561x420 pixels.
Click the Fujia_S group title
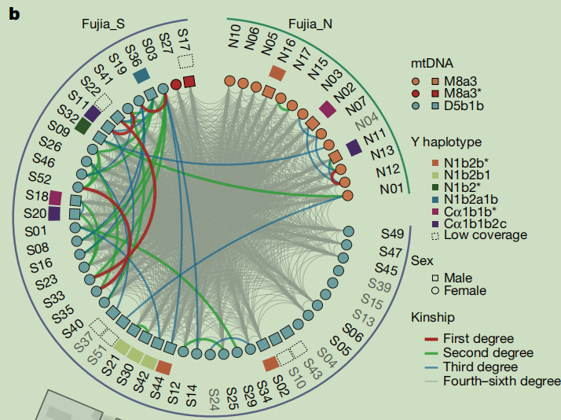103,24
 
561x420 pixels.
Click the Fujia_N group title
310,24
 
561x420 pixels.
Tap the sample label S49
392,234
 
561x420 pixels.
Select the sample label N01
391,188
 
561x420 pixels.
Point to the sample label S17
183,39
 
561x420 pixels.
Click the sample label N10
234,36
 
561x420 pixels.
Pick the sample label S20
35,213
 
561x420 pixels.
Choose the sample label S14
192,396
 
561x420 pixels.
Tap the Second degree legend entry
479,352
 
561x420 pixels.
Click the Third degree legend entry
471,367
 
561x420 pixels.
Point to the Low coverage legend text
485,235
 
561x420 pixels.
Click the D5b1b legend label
464,105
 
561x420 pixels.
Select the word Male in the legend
457,278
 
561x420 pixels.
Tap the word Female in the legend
465,290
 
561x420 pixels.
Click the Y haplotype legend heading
446,142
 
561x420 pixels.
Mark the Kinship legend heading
433,317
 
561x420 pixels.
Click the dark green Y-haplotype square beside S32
82,126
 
